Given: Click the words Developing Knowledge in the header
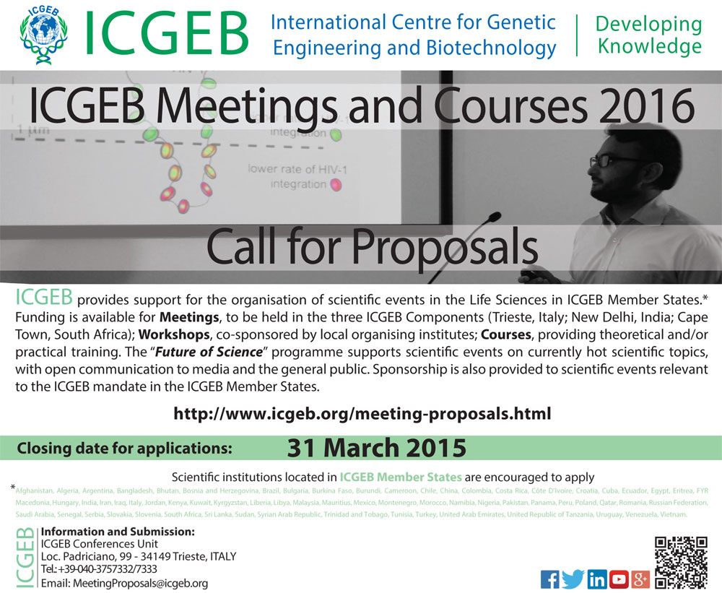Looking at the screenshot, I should tap(648, 35).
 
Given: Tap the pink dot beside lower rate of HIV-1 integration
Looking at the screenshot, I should tap(335, 186).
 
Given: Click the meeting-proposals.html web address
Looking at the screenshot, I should tap(362, 415).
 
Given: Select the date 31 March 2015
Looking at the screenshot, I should tap(376, 448).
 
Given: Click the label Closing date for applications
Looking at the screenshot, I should tap(124, 448).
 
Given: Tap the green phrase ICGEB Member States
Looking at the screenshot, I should tap(401, 477).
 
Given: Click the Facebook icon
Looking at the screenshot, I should tap(549, 579).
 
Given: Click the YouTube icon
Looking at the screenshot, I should tap(619, 579).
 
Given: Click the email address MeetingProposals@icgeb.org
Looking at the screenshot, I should tap(124, 583).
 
